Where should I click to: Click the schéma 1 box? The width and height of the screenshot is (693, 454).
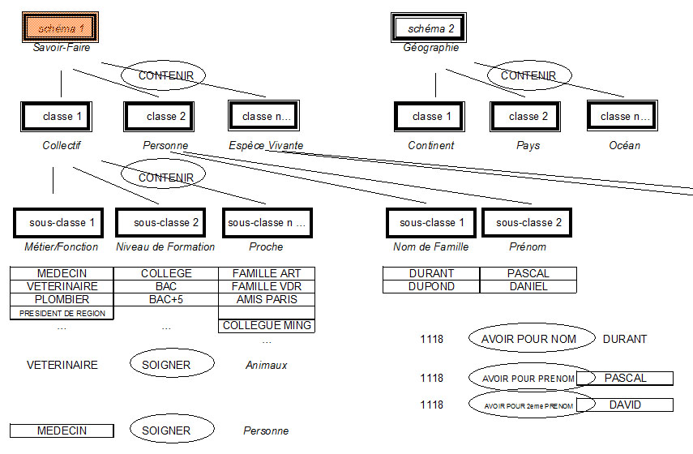(x=60, y=28)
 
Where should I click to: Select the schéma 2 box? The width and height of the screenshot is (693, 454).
(x=430, y=28)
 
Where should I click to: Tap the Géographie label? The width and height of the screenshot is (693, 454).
(x=430, y=48)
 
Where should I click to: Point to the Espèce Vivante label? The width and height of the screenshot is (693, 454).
(x=260, y=145)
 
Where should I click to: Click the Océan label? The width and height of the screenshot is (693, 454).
(x=624, y=145)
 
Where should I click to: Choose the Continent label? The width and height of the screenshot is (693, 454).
(x=430, y=145)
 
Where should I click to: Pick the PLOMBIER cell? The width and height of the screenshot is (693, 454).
(x=62, y=299)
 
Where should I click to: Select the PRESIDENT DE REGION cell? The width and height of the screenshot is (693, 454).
(x=62, y=313)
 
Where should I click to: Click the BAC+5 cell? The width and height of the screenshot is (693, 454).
(x=166, y=299)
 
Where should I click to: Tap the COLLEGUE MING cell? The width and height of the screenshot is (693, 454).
(x=267, y=326)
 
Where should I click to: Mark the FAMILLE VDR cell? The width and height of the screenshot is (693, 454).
(x=267, y=286)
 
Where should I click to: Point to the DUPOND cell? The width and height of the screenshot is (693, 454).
(x=431, y=286)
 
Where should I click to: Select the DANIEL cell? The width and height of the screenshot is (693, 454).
(x=528, y=286)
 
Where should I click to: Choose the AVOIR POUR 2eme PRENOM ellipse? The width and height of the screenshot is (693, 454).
(x=524, y=405)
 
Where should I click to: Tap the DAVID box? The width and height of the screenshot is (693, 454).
(x=625, y=405)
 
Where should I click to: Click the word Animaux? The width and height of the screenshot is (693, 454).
(x=266, y=365)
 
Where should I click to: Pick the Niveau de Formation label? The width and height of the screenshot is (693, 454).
(x=165, y=246)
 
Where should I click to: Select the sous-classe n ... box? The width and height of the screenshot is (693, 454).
(x=267, y=222)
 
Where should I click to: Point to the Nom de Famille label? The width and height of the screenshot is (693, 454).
(x=430, y=246)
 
